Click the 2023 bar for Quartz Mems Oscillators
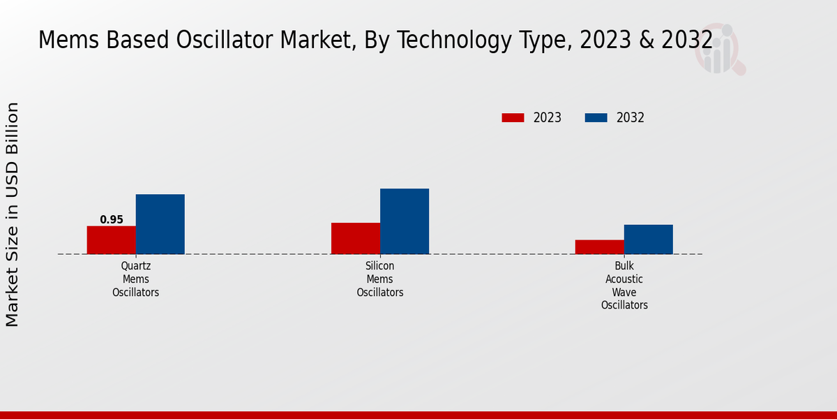pyautogui.click(x=111, y=240)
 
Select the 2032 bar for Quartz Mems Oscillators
pyautogui.click(x=160, y=224)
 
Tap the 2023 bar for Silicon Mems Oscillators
pyautogui.click(x=356, y=238)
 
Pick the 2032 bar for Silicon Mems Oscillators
pyautogui.click(x=405, y=221)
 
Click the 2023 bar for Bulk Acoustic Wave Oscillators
pyautogui.click(x=600, y=247)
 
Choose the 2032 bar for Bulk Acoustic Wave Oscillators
pyautogui.click(x=649, y=239)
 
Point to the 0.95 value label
pyautogui.click(x=112, y=220)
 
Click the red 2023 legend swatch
pyautogui.click(x=513, y=118)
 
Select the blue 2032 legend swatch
pyautogui.click(x=596, y=118)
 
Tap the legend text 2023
pyautogui.click(x=548, y=118)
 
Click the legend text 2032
pyautogui.click(x=631, y=118)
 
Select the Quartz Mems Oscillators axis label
pyautogui.click(x=136, y=279)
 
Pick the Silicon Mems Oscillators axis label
pyautogui.click(x=380, y=279)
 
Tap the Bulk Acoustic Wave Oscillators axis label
pyautogui.click(x=624, y=286)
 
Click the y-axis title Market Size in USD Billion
pyautogui.click(x=13, y=214)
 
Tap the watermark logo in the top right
pyautogui.click(x=719, y=49)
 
